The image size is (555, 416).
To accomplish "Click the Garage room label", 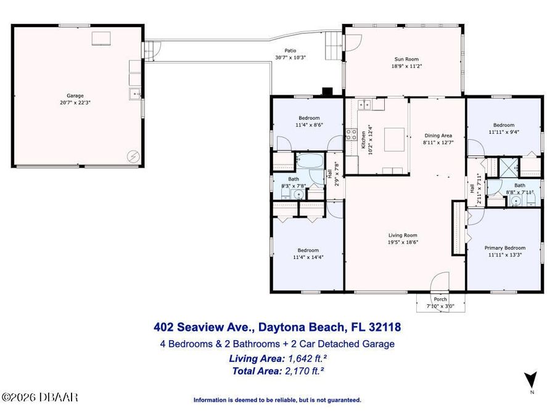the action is pyautogui.click(x=75, y=96).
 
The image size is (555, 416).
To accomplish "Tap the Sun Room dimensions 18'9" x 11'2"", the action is pyautogui.click(x=407, y=66).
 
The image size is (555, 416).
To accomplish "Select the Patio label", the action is pyautogui.click(x=290, y=51).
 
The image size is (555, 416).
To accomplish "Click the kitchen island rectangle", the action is pyautogui.click(x=394, y=140).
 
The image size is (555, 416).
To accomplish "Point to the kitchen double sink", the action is pyautogui.click(x=364, y=104).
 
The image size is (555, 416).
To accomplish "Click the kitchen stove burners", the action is pyautogui.click(x=351, y=134).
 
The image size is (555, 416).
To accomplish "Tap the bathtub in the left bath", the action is pyautogui.click(x=310, y=160).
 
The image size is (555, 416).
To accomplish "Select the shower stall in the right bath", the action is pyautogui.click(x=508, y=167).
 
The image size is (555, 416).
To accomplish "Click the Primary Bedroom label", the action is pyautogui.click(x=504, y=248).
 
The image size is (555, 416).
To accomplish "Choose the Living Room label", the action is pyautogui.click(x=403, y=235).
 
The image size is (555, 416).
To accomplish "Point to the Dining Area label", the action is pyautogui.click(x=438, y=136).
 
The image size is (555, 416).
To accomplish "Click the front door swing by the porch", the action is pyautogui.click(x=440, y=281).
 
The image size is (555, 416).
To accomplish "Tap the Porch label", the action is pyautogui.click(x=440, y=300).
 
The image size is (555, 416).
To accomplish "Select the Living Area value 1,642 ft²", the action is pyautogui.click(x=307, y=358).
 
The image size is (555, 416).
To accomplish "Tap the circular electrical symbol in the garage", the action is pyautogui.click(x=133, y=157).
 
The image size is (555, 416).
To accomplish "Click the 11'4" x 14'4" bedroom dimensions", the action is pyautogui.click(x=308, y=257).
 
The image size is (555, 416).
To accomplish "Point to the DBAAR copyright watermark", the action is pyautogui.click(x=39, y=398).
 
